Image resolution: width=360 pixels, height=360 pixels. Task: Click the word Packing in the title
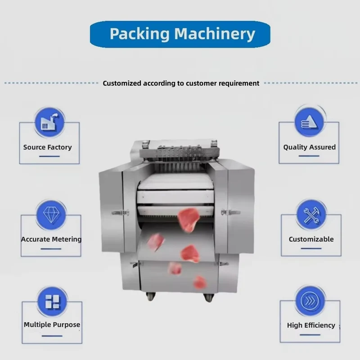click(139, 34)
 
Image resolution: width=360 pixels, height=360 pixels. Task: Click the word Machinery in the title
click(215, 34)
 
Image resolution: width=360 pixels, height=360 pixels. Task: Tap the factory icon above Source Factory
click(49, 122)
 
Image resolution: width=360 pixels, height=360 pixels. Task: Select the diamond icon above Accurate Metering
click(51, 215)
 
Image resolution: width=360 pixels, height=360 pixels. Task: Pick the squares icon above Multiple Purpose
click(52, 301)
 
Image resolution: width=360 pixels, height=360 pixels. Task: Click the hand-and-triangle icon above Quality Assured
click(309, 122)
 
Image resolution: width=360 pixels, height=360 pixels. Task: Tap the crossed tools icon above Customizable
click(311, 215)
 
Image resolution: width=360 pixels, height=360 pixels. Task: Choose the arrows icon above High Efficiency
click(310, 301)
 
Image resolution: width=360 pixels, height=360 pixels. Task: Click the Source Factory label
click(48, 147)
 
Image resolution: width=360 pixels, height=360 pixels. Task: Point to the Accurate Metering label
click(51, 239)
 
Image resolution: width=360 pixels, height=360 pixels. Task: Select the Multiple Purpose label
click(52, 324)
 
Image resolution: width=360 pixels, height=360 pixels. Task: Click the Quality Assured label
click(309, 147)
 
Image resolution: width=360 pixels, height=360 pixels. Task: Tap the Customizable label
click(311, 239)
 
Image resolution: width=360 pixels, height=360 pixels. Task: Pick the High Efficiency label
click(311, 325)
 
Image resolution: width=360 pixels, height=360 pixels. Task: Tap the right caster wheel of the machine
click(209, 297)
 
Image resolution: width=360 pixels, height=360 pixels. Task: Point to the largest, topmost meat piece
click(188, 220)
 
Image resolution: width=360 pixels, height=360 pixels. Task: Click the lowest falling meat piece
click(199, 282)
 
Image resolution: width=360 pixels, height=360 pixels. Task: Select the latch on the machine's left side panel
click(120, 213)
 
